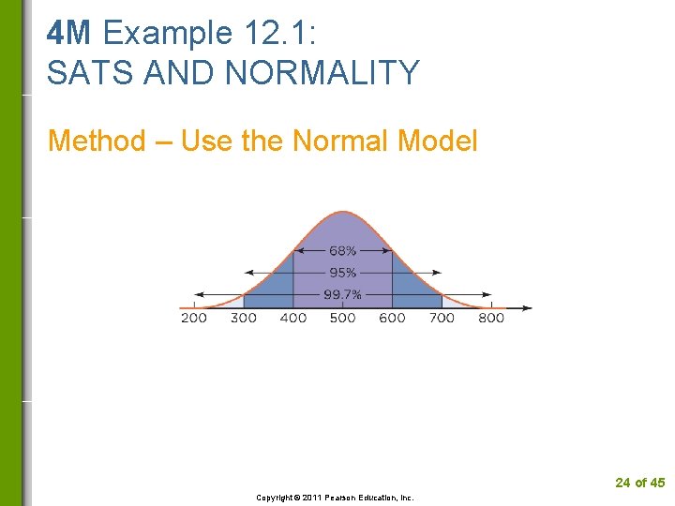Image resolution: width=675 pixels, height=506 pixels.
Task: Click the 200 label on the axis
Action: click(194, 318)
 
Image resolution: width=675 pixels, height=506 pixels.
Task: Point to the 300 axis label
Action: click(244, 318)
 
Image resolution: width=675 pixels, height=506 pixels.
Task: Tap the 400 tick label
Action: click(293, 318)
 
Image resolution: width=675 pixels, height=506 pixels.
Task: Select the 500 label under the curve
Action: click(343, 318)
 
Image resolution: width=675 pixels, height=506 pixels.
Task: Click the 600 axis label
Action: click(392, 318)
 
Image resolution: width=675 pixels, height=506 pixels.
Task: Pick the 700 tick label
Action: click(442, 318)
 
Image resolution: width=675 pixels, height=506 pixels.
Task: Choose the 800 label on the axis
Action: click(491, 318)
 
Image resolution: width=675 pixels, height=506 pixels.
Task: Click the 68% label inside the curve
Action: click(342, 251)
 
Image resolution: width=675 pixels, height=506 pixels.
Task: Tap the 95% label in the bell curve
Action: click(342, 273)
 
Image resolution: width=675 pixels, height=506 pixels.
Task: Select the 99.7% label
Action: click(342, 294)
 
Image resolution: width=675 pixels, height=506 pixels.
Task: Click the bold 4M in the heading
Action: click(69, 33)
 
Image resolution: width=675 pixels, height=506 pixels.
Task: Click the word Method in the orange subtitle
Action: click(97, 141)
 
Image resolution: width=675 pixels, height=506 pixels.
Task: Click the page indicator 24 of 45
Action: click(639, 483)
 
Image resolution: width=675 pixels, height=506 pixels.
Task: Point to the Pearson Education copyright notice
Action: click(335, 498)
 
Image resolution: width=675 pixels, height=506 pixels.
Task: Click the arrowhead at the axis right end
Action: click(527, 307)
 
